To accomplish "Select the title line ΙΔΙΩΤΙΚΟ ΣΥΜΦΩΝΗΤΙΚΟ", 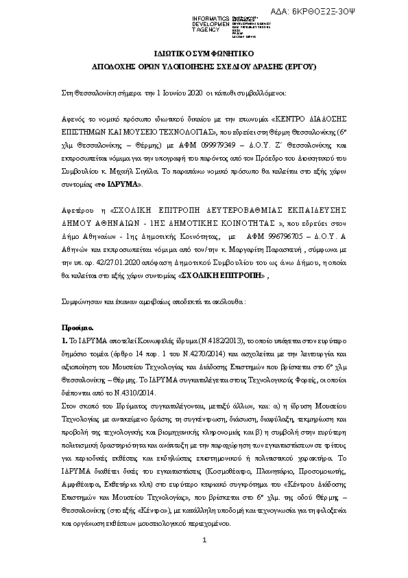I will [204, 52].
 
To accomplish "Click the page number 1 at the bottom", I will [204, 561].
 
